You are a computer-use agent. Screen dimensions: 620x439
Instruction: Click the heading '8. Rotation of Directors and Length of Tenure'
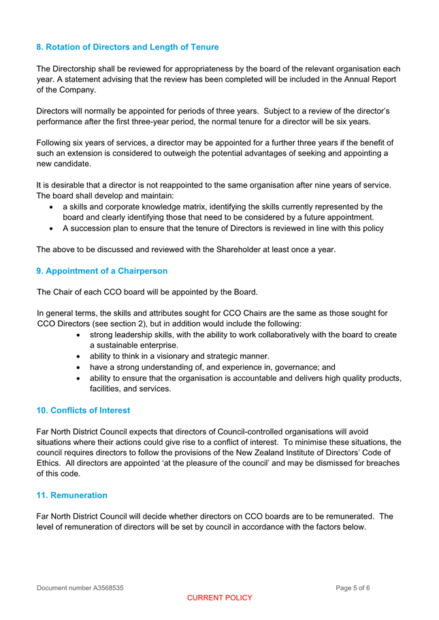tap(127, 48)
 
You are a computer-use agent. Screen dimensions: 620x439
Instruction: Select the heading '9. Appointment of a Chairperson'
tap(101, 271)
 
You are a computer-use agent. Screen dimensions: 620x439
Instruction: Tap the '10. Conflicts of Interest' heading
tap(82, 411)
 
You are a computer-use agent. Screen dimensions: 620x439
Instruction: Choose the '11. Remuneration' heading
tap(71, 496)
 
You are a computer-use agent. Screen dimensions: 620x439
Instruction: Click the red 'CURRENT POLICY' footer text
tap(219, 598)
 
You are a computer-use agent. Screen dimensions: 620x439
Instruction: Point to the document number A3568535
tap(80, 587)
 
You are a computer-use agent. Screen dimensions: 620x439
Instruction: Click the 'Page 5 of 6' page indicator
tap(353, 587)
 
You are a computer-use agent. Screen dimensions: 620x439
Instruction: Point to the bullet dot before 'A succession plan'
tap(52, 229)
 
